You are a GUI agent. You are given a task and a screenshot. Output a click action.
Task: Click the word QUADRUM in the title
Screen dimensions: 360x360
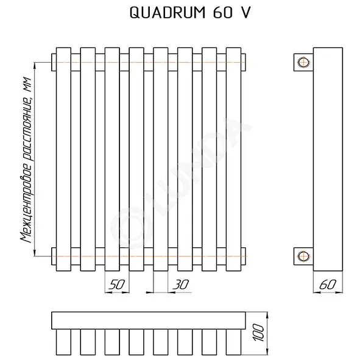pos(168,12)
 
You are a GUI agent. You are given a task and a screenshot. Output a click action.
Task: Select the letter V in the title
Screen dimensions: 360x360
pos(245,12)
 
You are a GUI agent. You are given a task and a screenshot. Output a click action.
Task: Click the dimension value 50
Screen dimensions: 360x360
pos(116,284)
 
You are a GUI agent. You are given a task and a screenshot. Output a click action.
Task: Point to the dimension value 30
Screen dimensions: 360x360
pos(181,284)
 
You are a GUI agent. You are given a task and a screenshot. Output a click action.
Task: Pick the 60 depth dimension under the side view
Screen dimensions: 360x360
pos(328,284)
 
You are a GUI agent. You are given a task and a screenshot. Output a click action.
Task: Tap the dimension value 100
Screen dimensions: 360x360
pos(258,333)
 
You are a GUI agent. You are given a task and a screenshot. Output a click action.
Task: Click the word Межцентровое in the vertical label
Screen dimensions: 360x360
pos(27,202)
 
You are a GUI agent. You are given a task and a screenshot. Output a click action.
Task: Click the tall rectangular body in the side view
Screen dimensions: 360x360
pos(328,160)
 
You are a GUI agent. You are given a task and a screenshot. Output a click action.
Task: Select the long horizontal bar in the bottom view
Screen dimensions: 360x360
pos(149,320)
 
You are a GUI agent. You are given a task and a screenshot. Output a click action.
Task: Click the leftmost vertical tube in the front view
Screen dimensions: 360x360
pos(63,160)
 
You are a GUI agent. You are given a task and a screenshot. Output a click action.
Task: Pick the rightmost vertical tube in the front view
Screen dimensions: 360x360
pos(234,160)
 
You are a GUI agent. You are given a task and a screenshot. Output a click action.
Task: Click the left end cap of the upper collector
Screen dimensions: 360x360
pos(54,62)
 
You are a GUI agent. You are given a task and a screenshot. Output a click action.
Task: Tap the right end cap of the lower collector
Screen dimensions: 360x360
pos(244,256)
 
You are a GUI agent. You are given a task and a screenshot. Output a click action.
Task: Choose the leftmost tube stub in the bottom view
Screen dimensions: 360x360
pos(63,342)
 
